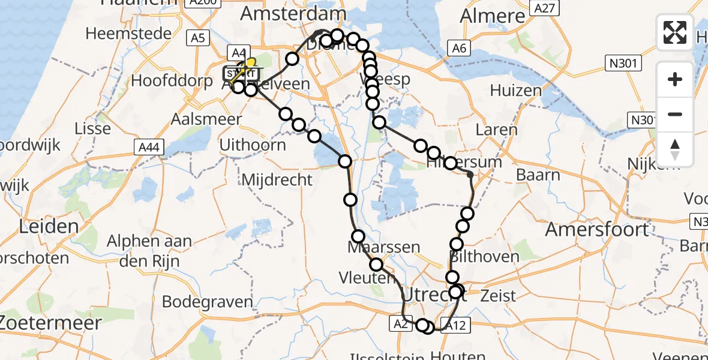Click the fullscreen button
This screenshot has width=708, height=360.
tap(675, 32)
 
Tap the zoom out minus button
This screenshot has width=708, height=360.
tap(675, 114)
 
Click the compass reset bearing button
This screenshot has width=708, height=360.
tap(675, 149)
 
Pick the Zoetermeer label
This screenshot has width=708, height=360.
tap(51, 322)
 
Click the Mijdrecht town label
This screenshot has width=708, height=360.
tap(277, 179)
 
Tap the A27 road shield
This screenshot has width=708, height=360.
tap(545, 7)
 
